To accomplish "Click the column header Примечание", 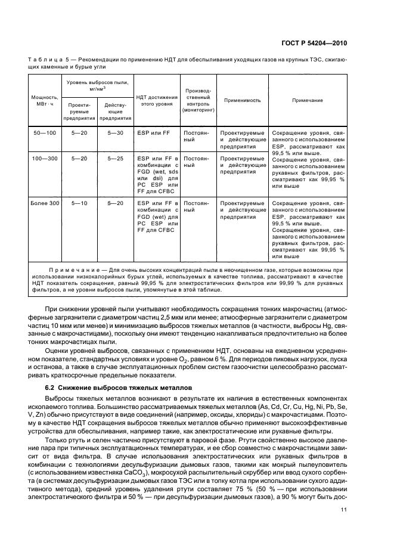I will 307,100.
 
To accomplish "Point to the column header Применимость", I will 242,100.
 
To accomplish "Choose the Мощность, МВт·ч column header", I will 45,100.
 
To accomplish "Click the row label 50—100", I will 45,132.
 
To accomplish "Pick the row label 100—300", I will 45,159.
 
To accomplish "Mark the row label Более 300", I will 45,203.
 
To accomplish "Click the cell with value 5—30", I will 115,132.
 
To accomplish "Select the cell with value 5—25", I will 115,159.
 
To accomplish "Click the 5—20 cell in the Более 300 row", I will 115,203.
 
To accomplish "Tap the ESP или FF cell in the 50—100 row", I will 150,132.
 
